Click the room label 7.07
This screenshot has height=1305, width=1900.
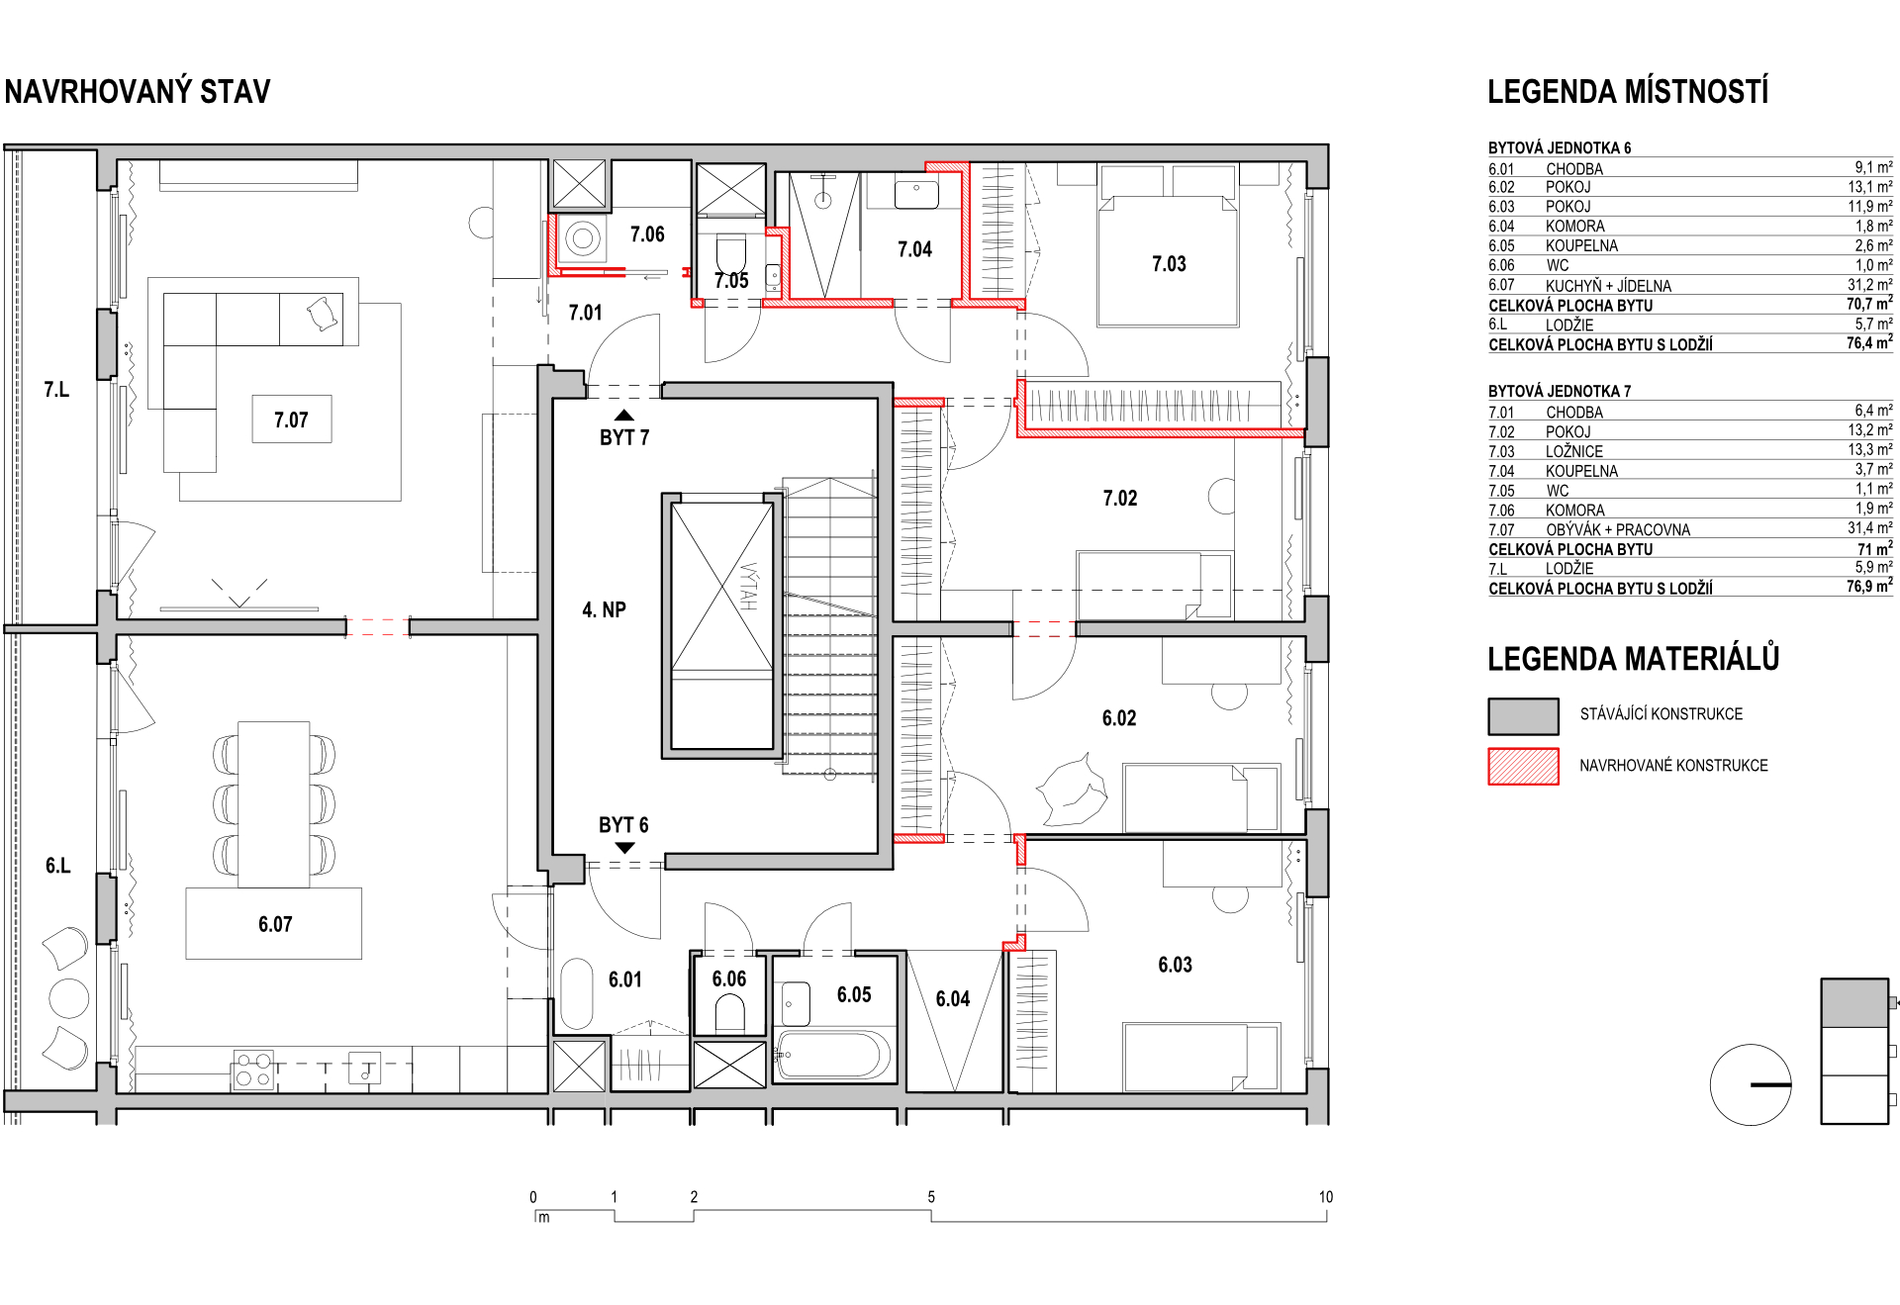[x=291, y=420]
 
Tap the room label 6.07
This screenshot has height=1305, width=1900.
[x=275, y=924]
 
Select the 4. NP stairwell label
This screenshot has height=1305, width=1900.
[x=604, y=609]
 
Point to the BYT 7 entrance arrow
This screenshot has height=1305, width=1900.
[x=624, y=416]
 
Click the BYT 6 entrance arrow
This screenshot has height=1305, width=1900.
[x=624, y=847]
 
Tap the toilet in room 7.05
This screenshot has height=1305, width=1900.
[x=731, y=255]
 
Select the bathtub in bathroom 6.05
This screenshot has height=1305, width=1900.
[x=834, y=1056]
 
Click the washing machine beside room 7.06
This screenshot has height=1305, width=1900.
[x=583, y=238]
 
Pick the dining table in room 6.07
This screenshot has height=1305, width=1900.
[x=274, y=804]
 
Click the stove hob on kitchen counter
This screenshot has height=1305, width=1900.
[x=253, y=1071]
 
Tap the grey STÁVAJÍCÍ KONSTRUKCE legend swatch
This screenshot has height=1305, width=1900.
[x=1523, y=715]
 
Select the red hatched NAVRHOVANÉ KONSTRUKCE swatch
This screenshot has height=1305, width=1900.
[x=1523, y=767]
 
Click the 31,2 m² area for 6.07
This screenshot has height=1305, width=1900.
[x=1869, y=285]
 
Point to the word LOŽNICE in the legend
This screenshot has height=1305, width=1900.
[x=1574, y=451]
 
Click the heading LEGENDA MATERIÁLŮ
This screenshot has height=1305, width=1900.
[x=1633, y=658]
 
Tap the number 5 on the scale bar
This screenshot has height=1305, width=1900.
[x=931, y=1197]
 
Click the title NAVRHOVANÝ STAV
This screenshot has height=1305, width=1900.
[x=138, y=92]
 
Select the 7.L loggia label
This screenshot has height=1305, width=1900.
[x=56, y=390]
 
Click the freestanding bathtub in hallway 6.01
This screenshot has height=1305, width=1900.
[x=576, y=993]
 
